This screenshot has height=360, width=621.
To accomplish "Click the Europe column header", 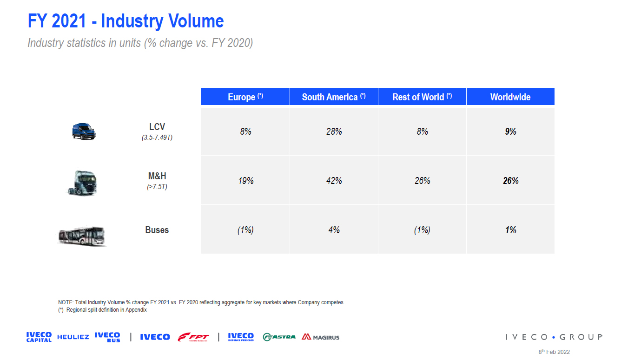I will click(x=245, y=97).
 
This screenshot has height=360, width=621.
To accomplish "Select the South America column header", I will click(x=334, y=97).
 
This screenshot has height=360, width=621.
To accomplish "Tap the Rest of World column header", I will click(x=422, y=97).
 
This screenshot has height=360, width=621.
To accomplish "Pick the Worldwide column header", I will click(x=510, y=97).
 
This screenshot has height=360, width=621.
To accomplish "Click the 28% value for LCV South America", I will click(x=334, y=131).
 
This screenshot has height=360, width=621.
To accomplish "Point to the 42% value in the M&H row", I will click(x=334, y=181).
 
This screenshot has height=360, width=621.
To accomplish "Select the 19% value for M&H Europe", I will click(x=245, y=181).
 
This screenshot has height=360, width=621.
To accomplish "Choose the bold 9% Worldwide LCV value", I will click(x=510, y=131).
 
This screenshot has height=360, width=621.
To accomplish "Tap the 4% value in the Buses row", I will click(x=334, y=230).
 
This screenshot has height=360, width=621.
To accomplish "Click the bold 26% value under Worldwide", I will click(x=510, y=181).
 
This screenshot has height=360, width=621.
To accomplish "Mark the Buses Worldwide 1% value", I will click(x=510, y=230).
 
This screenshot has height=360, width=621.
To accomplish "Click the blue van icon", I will click(x=84, y=131).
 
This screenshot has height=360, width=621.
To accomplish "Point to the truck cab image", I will click(x=83, y=182).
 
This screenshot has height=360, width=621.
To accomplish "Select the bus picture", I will click(x=81, y=236).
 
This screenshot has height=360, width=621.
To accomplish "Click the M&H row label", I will click(x=157, y=177).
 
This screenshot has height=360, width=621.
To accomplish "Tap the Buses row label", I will click(x=157, y=230).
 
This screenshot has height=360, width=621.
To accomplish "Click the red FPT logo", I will click(x=193, y=337).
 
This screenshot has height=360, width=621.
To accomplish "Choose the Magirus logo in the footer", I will click(x=321, y=337).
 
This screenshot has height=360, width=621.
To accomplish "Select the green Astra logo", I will click(x=279, y=337).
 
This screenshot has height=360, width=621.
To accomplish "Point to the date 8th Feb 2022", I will click(x=554, y=352).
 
